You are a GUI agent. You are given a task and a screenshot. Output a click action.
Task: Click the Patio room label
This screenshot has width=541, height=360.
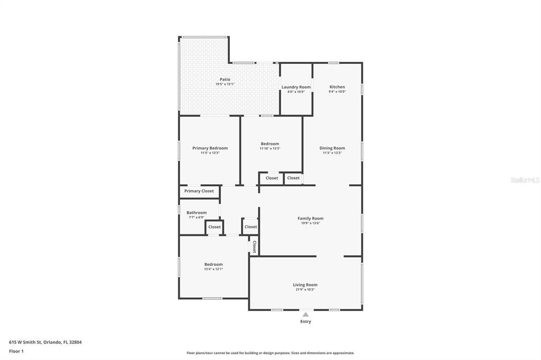point(225,79)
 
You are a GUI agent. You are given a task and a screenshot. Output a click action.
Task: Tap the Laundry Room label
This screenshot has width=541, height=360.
point(296,87)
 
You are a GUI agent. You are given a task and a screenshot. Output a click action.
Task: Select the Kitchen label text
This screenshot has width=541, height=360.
point(337,87)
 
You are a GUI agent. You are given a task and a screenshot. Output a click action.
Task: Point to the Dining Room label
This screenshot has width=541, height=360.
point(332,148)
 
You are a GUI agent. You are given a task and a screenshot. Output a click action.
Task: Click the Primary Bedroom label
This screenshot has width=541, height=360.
point(210,148)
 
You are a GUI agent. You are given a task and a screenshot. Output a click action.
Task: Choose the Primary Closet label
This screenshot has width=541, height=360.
point(199,191)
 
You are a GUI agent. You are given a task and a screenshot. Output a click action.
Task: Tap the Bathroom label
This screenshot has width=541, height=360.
point(197,213)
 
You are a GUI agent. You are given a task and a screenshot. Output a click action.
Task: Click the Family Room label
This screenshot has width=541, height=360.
point(311,219)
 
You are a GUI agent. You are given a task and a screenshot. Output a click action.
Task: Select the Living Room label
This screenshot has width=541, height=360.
point(305,285)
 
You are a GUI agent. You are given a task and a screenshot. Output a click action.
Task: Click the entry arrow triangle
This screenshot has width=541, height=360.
point(305,315)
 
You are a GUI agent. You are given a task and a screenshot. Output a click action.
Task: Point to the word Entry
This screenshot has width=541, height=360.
point(306,321)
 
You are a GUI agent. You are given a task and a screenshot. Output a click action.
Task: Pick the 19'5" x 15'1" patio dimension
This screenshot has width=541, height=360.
point(225,84)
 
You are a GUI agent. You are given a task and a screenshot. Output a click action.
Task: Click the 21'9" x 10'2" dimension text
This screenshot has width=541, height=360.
point(305,290)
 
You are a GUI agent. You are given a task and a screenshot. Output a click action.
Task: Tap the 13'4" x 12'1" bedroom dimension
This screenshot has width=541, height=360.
point(213,269)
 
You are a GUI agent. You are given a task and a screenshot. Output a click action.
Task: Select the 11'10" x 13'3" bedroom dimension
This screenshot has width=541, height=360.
point(270,149)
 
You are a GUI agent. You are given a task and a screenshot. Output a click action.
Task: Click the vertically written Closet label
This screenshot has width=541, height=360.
point(254,247)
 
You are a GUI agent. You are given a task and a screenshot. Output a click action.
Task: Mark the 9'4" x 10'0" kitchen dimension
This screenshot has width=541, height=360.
point(337,92)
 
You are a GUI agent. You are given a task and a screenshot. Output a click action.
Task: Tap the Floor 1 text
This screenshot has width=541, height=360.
point(17,351)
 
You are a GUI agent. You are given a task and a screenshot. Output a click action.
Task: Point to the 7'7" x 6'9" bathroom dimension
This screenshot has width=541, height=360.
point(197,217)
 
